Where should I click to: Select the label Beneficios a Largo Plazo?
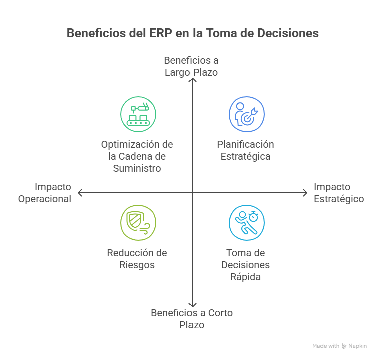(x=192, y=66)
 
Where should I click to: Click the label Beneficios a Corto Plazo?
(x=192, y=319)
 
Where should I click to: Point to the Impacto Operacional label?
(x=45, y=193)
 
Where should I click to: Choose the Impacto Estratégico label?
(x=339, y=193)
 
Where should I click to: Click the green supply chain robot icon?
(x=138, y=114)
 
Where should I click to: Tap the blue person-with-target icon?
(x=247, y=114)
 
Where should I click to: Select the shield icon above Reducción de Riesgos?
(x=138, y=223)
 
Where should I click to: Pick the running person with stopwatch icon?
(x=247, y=223)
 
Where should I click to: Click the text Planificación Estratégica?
(x=245, y=150)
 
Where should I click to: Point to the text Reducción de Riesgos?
(x=137, y=259)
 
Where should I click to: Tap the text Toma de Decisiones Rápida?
(x=245, y=265)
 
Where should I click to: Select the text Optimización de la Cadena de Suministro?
(x=137, y=156)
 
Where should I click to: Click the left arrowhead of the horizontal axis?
(x=79, y=193)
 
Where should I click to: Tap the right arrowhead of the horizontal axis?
(x=305, y=193)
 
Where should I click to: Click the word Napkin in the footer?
(x=358, y=346)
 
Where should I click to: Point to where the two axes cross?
(x=192, y=193)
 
